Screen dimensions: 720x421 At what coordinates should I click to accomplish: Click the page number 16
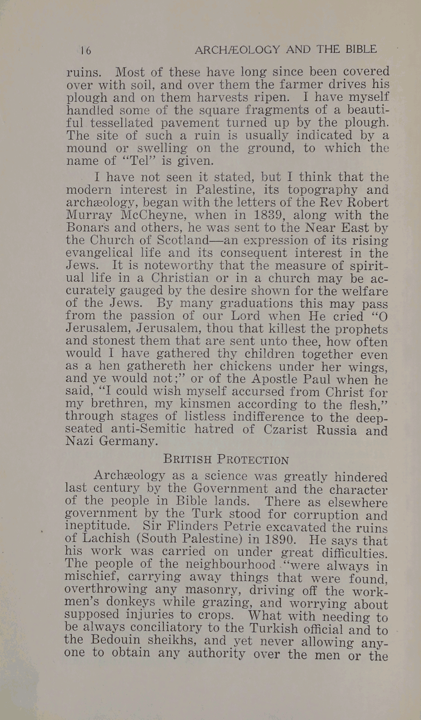pos(86,50)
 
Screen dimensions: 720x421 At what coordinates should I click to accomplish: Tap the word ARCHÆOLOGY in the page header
pos(237,49)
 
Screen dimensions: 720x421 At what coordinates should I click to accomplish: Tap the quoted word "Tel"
pos(138,160)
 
